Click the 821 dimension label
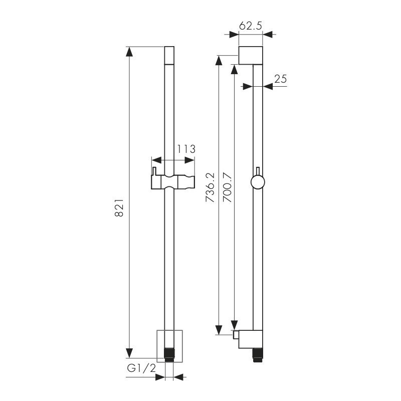click(119, 208)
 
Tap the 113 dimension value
click(186, 149)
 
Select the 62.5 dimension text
click(251, 26)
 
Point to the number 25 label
click(281, 79)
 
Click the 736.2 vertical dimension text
click(211, 187)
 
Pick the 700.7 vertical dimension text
click(227, 187)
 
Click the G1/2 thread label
click(141, 368)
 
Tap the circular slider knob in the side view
click(258, 182)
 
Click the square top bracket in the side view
click(251, 55)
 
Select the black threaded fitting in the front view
click(169, 354)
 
